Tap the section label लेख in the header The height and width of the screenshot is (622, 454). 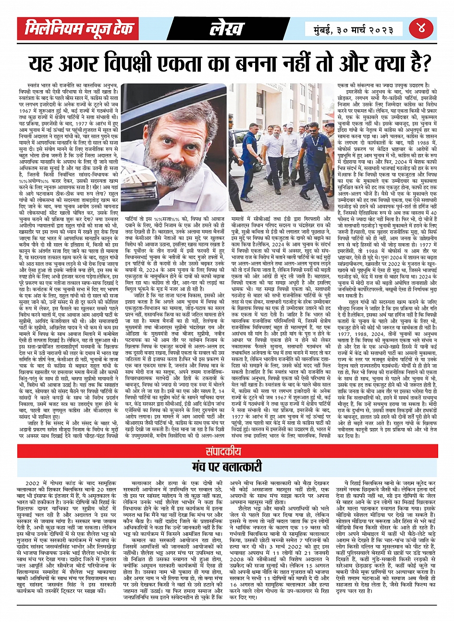(x=226, y=30)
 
